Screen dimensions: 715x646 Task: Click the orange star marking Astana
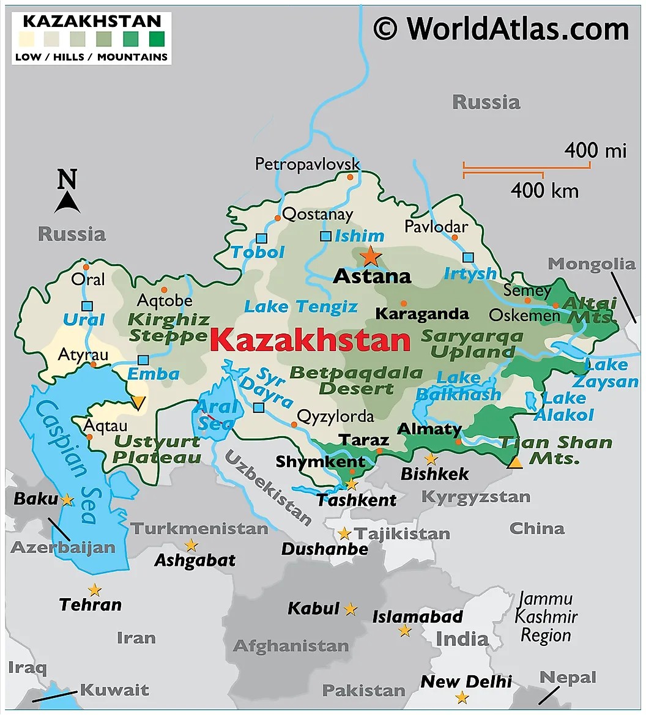371,256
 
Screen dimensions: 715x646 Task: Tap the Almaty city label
429,429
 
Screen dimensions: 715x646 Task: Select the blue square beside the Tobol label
262,239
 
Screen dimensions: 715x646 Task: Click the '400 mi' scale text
595,150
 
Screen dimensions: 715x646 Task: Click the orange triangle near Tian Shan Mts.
515,462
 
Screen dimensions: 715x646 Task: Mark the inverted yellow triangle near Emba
139,402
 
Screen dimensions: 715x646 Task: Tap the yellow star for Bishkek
431,458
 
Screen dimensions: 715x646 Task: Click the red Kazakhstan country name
310,340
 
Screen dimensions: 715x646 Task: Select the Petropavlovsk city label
307,164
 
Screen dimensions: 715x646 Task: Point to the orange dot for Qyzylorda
294,424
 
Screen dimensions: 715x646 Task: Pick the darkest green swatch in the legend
157,40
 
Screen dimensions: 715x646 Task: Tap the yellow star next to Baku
67,500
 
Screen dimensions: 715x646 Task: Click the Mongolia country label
591,264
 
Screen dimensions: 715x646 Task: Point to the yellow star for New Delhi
462,697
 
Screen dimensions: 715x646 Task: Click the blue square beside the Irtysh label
468,257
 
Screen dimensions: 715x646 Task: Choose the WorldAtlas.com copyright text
501,28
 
